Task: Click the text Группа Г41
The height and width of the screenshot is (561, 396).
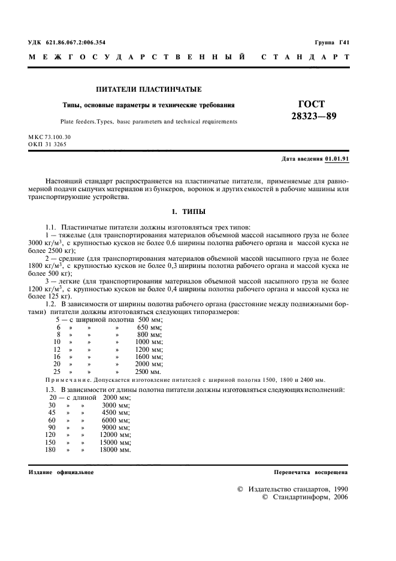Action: click(331, 43)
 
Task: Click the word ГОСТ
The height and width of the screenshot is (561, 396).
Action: click(310, 103)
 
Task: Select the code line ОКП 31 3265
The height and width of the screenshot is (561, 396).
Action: click(47, 144)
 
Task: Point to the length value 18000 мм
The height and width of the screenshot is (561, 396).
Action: click(114, 449)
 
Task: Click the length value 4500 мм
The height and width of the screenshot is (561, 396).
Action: click(116, 412)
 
